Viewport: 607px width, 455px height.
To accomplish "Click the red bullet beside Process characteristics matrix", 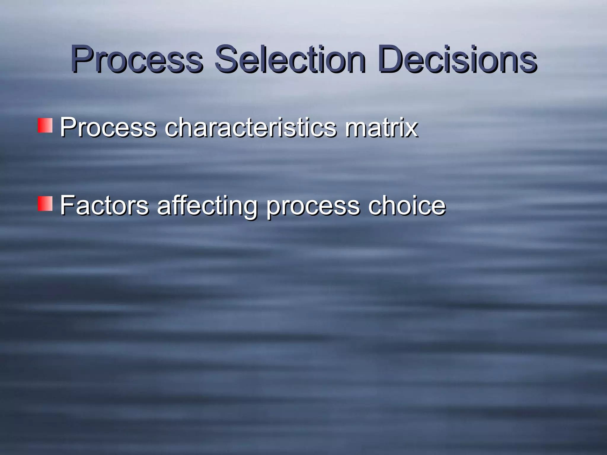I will point(45,126).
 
